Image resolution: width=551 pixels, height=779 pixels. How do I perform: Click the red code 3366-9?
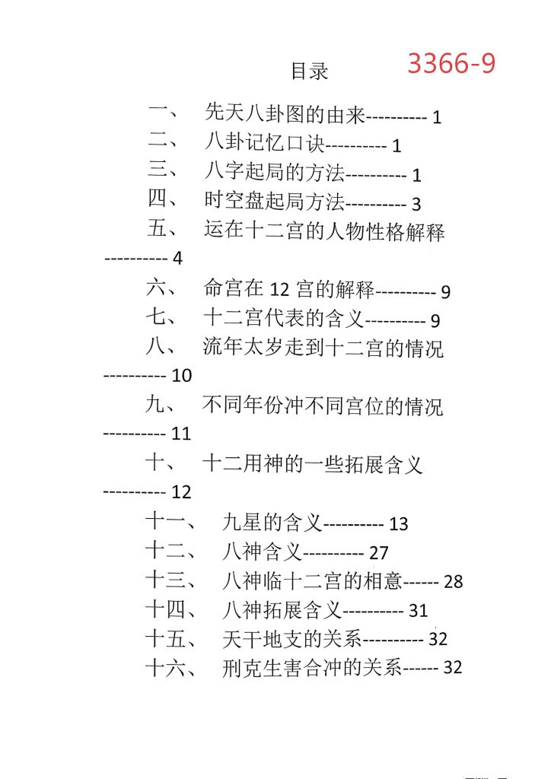[x=451, y=63]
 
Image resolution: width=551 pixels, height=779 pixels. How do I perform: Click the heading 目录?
[x=310, y=72]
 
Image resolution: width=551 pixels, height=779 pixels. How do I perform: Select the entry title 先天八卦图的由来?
[x=285, y=114]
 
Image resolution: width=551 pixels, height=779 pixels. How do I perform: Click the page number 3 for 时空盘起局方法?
[x=416, y=204]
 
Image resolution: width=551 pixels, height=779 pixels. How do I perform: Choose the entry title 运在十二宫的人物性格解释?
[x=324, y=231]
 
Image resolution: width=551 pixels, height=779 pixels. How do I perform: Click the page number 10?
[x=183, y=376]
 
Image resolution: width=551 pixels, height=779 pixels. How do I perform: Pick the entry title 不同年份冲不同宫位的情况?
[x=323, y=405]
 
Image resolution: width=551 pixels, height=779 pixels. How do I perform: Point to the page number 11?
[x=182, y=434]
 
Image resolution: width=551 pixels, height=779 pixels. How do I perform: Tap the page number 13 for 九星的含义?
[x=399, y=524]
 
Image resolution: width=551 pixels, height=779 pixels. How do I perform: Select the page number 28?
[x=453, y=582]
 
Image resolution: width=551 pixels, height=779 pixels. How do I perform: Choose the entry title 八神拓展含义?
[x=282, y=609]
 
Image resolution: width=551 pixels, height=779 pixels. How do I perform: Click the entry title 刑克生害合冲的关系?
[x=312, y=668]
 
